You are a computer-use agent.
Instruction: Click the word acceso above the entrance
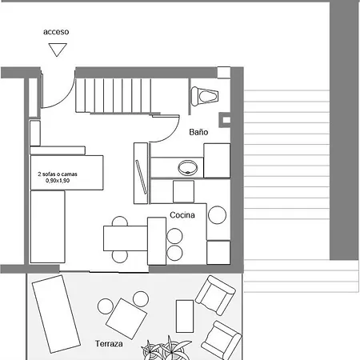[x=56, y=32]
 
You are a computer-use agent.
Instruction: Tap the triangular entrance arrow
[x=56, y=50]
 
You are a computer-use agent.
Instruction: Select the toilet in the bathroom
[x=206, y=95]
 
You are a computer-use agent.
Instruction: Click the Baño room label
[x=198, y=132]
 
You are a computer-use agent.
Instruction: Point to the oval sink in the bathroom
[x=189, y=168]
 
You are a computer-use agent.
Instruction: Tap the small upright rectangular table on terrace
[x=185, y=316]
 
